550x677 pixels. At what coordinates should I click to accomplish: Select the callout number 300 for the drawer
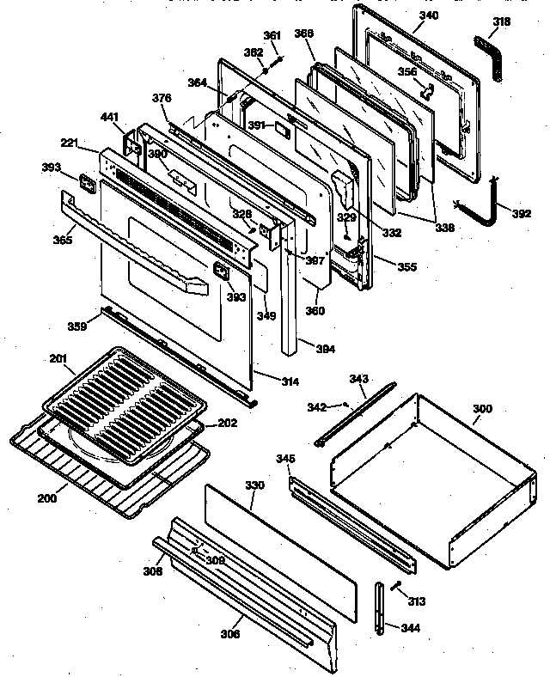pyautogui.click(x=483, y=411)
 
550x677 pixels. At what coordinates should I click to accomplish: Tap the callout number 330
pyautogui.click(x=255, y=486)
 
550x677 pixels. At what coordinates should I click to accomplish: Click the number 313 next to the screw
pyautogui.click(x=418, y=601)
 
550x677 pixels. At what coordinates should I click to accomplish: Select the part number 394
pyautogui.click(x=325, y=349)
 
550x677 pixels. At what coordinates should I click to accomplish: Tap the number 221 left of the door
pyautogui.click(x=71, y=143)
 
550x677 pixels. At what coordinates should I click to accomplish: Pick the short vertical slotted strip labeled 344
pyautogui.click(x=379, y=607)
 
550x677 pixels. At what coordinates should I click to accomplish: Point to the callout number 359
pyautogui.click(x=78, y=326)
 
